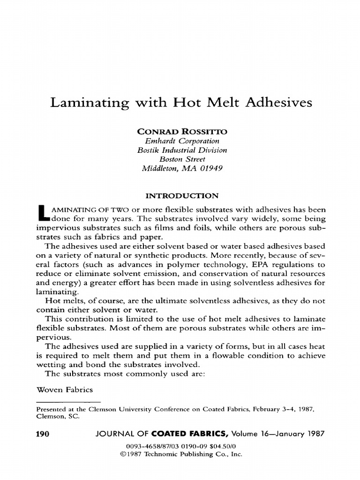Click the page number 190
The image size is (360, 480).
click(x=43, y=434)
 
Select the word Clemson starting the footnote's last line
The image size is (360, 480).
click(x=48, y=416)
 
